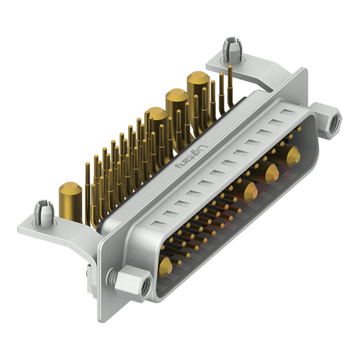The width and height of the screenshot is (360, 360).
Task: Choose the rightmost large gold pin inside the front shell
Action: tap(293, 156)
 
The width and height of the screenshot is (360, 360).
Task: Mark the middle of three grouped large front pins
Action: tap(271, 173)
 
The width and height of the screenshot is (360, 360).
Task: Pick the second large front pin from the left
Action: tap(251, 191)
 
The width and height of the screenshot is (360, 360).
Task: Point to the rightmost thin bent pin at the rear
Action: tap(230, 85)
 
